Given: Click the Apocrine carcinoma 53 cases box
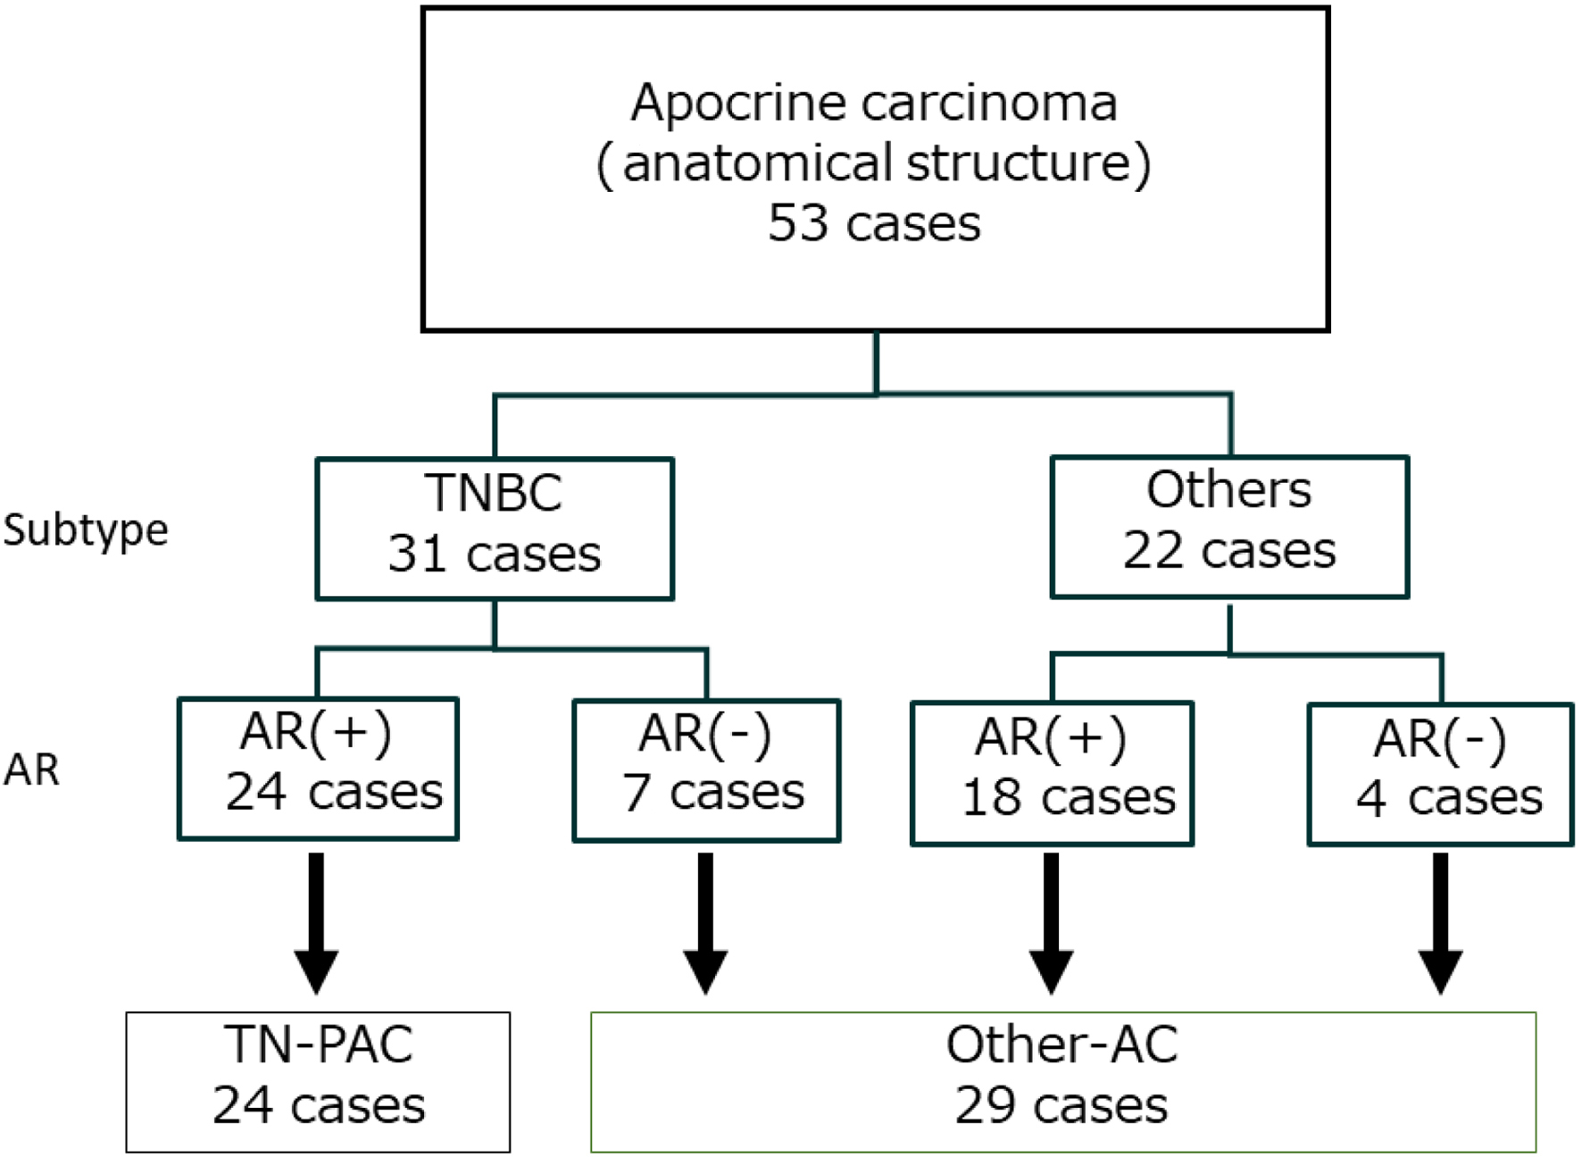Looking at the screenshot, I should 875,170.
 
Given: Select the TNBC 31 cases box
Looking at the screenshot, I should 495,528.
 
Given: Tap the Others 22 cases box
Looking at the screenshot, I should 1229,527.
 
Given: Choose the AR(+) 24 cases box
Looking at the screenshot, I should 318,769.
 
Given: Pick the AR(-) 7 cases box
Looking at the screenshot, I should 706,770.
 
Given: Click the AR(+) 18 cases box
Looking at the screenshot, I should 1052,773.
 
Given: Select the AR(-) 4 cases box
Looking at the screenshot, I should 1440,774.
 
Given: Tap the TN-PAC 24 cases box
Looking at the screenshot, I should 318,1081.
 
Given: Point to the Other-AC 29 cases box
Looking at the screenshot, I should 1062,1081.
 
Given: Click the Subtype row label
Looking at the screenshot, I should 86,530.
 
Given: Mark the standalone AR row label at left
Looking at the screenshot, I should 32,770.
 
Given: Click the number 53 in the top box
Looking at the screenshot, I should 798,223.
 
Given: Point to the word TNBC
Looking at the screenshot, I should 494,493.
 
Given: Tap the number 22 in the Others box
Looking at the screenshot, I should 1152,551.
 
